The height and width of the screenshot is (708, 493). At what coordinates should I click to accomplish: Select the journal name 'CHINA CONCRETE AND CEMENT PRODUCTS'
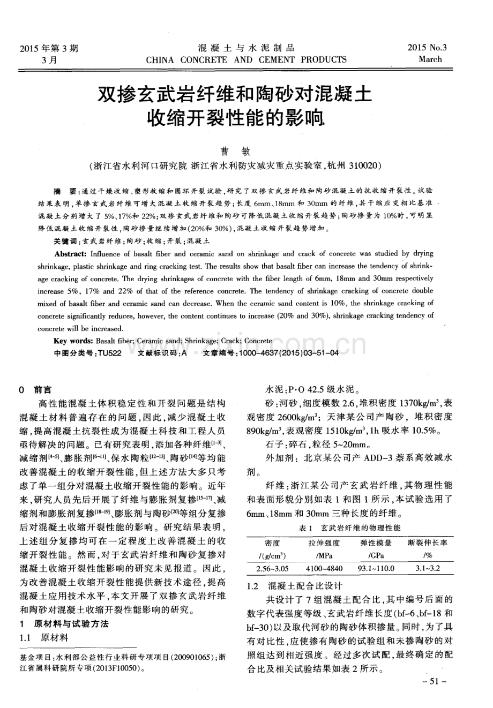click(x=246, y=59)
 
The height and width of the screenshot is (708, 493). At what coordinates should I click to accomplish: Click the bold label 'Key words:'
click(x=73, y=341)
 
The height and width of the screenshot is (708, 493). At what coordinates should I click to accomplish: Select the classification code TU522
click(x=110, y=354)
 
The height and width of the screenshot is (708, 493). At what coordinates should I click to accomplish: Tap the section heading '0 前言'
click(x=35, y=390)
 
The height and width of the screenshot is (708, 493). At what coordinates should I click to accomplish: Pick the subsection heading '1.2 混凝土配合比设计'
click(x=293, y=586)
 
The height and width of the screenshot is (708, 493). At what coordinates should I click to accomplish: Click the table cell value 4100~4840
click(x=323, y=569)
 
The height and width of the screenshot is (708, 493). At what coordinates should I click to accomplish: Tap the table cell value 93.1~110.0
click(x=376, y=569)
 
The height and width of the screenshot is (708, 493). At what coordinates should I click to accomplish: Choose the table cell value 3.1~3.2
click(x=428, y=569)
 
